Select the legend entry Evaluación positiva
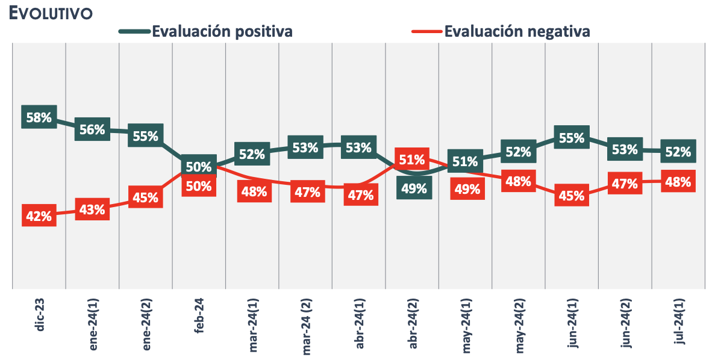pos(222,31)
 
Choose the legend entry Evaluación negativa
pos(517,31)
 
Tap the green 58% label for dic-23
pos(39,118)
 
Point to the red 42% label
pos(39,216)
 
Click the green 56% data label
pos(92,129)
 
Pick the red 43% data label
pos(92,210)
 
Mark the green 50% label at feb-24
pos(198,166)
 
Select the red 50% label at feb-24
pos(198,186)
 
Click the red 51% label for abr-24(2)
pos(411,160)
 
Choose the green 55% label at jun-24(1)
pos(571,138)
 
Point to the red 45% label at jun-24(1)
pos(571,195)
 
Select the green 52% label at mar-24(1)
pos(252,154)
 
